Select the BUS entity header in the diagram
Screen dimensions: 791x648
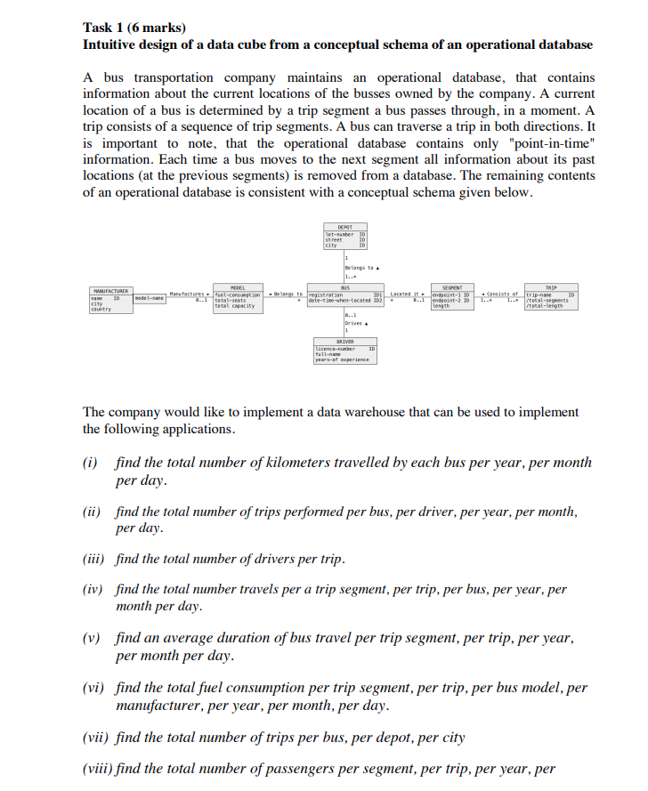(x=344, y=287)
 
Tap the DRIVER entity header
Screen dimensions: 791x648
(x=344, y=342)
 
